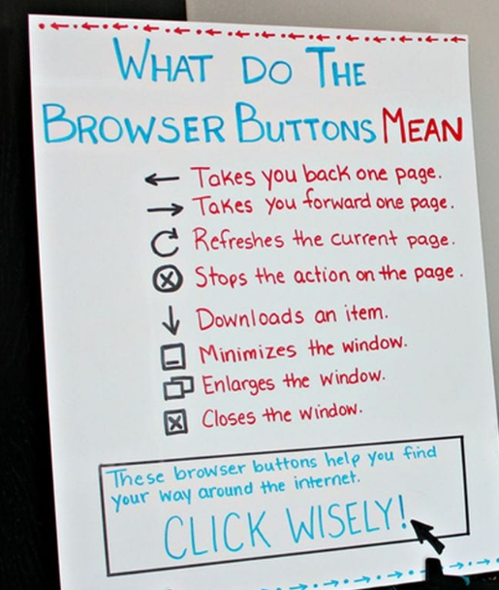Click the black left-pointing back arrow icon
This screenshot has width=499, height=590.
tap(162, 179)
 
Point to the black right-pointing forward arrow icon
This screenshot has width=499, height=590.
tap(166, 209)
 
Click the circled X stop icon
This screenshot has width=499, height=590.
tap(168, 279)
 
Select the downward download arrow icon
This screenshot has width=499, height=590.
tap(171, 320)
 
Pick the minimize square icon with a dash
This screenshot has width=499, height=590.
tap(173, 356)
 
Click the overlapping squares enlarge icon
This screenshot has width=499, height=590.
tap(179, 387)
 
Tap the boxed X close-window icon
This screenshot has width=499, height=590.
tap(175, 422)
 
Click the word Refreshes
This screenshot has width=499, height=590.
tap(238, 240)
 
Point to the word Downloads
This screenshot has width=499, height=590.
tap(250, 318)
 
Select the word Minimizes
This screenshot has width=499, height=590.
tap(248, 353)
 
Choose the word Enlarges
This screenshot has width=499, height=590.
tap(238, 384)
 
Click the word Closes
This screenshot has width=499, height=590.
tap(229, 417)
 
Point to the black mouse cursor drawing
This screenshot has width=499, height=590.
tap(428, 535)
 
